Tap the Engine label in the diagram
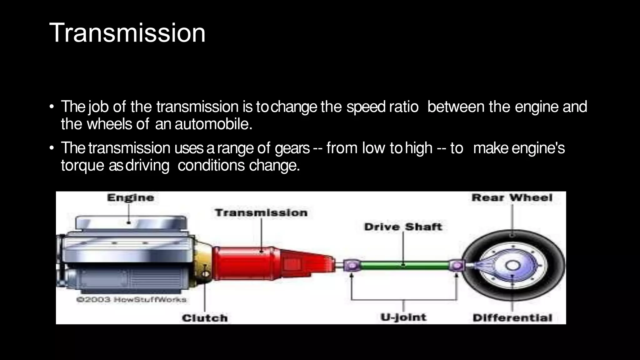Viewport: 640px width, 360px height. (x=130, y=197)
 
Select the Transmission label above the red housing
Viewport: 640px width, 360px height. (x=261, y=213)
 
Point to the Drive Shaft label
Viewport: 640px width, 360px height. (x=403, y=227)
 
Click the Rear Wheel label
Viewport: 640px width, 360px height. (x=512, y=197)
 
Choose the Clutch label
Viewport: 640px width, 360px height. (x=205, y=318)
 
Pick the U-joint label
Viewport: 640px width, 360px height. (x=403, y=317)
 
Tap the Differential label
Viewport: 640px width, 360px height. (x=512, y=318)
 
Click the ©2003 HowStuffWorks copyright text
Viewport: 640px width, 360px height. (x=131, y=299)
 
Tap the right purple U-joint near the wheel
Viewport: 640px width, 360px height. (x=457, y=266)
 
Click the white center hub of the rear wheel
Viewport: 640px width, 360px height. (x=512, y=266)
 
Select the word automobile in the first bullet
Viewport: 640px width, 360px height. (x=213, y=124)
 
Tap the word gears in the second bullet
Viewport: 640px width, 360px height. (x=292, y=148)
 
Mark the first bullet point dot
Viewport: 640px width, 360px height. (x=52, y=107)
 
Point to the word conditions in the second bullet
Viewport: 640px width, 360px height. (x=211, y=165)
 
